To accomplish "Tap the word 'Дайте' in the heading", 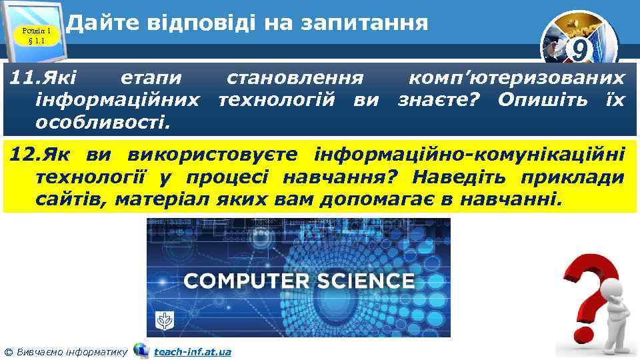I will click(97, 23).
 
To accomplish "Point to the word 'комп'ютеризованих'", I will click(517, 79).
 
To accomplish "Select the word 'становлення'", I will click(295, 79).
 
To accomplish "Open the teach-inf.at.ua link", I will click(192, 351).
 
